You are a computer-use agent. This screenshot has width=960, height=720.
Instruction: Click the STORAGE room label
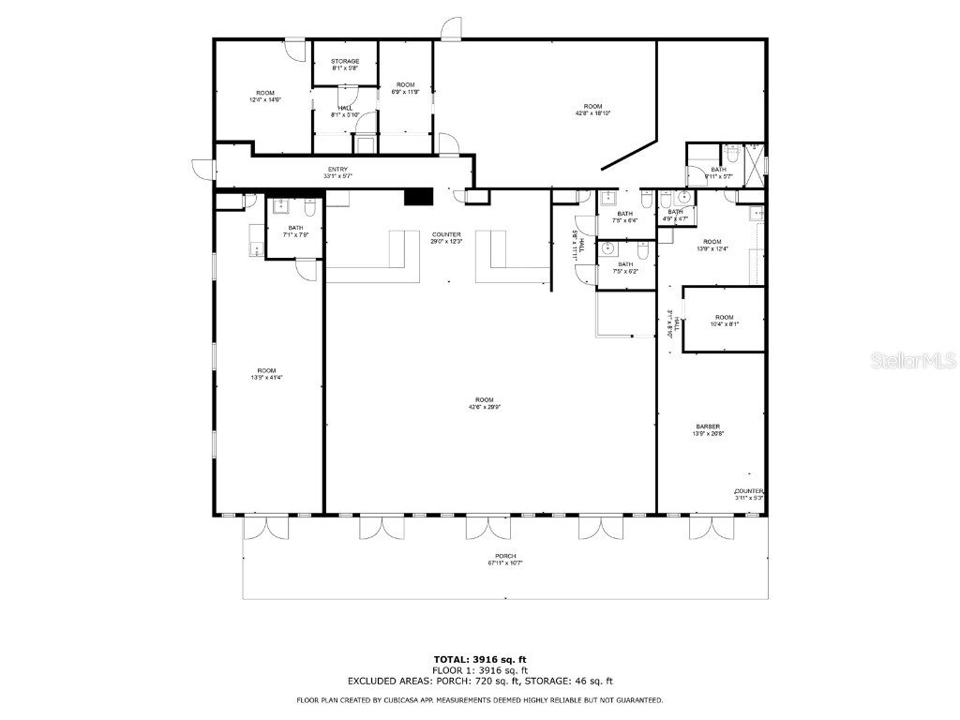coord(345,62)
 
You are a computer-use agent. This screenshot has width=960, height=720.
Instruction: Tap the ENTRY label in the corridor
coord(337,170)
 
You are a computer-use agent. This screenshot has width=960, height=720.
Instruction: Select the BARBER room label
coord(708,427)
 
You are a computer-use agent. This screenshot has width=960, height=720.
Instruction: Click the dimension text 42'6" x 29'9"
coord(481,407)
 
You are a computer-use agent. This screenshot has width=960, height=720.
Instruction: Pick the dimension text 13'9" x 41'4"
coord(267,377)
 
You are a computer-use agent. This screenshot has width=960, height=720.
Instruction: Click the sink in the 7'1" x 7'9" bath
coord(280,207)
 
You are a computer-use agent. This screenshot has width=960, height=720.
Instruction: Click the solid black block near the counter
coord(417,196)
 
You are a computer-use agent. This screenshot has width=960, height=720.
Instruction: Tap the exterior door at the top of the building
coord(452,29)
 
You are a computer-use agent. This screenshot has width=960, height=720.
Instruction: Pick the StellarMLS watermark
coord(913,360)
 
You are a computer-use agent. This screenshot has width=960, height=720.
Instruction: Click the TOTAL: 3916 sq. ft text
coord(479,659)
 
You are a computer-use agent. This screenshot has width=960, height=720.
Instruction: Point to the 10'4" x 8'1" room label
coord(724,321)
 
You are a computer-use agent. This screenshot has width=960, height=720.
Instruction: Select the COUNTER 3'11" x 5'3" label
coord(749,494)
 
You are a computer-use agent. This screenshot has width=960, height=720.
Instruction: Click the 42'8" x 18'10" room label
coord(592,110)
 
